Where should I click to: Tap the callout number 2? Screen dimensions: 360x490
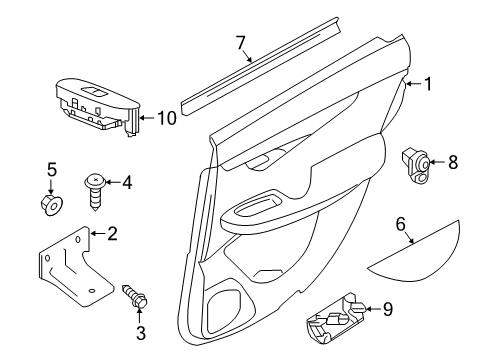coord(112,235)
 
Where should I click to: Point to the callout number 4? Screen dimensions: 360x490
coord(126,183)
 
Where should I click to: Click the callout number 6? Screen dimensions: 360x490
coord(401,227)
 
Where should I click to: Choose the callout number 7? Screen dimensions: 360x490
coord(240,42)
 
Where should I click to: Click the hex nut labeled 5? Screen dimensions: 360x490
coord(54,206)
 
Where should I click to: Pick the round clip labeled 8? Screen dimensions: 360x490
coord(418,160)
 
